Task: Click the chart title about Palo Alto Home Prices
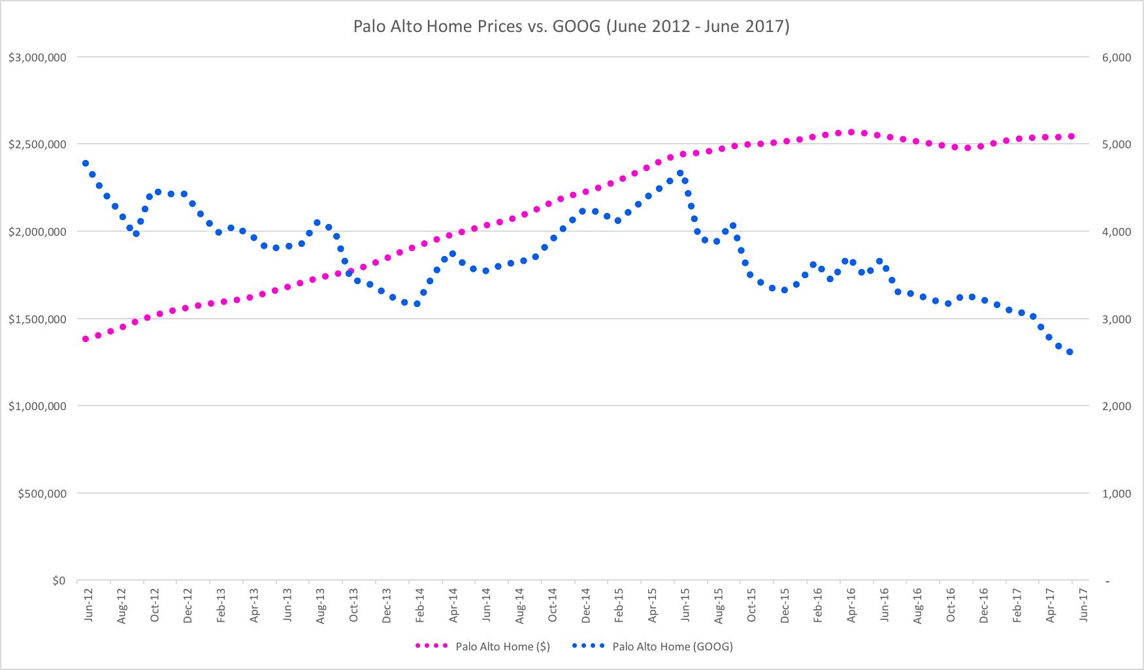[x=571, y=26]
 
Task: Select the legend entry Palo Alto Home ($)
[x=502, y=646]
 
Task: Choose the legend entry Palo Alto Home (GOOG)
[x=672, y=646]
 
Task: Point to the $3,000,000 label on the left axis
[x=37, y=57]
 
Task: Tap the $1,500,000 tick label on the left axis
[x=37, y=319]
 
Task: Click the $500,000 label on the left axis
[x=42, y=494]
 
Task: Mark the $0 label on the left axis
[x=59, y=581]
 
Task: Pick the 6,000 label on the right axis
[x=1117, y=57]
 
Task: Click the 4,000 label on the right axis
[x=1117, y=232]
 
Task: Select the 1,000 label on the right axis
[x=1117, y=494]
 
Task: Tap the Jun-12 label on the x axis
[x=88, y=605]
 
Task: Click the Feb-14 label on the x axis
[x=419, y=605]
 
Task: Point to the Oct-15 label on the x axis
[x=751, y=605]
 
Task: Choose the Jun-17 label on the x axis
[x=1083, y=605]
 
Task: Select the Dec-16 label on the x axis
[x=983, y=605]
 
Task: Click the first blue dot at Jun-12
[x=86, y=163]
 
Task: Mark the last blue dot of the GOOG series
[x=1070, y=352]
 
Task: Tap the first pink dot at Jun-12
[x=86, y=339]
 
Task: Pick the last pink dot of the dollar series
[x=1071, y=136]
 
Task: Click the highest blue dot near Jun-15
[x=679, y=173]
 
